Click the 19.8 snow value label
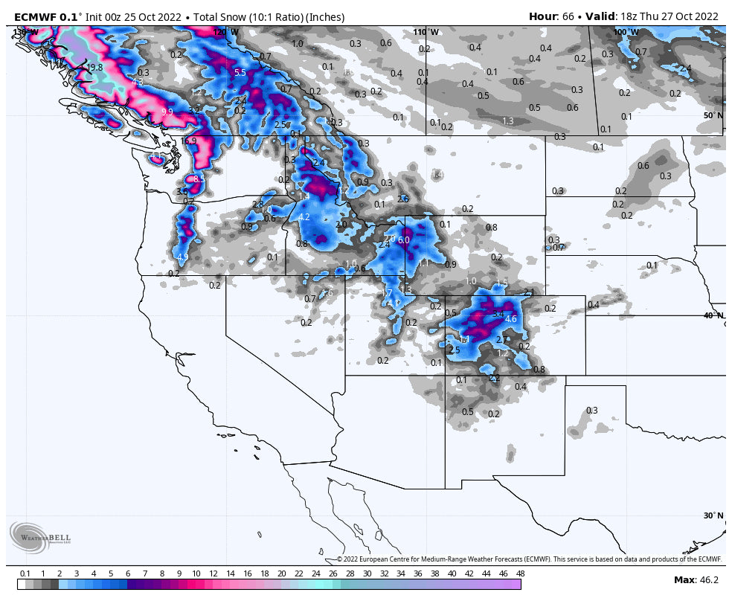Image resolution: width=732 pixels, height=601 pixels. tap(94, 68)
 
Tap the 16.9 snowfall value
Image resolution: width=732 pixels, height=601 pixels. tap(188, 141)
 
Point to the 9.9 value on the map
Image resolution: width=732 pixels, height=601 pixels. tap(167, 112)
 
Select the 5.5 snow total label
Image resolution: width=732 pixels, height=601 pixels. tap(240, 73)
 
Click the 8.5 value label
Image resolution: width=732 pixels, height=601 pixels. tap(199, 179)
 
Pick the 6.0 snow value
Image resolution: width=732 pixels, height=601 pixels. tap(404, 240)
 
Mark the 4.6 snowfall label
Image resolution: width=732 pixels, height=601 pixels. tap(510, 319)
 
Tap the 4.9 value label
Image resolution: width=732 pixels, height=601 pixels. tap(182, 257)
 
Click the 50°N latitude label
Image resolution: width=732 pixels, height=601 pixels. tap(713, 116)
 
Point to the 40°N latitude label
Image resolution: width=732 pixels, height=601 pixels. tap(713, 315)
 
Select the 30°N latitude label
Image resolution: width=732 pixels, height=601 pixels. tap(713, 515)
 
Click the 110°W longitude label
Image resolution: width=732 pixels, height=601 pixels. tap(426, 33)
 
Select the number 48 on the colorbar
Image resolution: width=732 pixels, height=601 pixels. tap(520, 574)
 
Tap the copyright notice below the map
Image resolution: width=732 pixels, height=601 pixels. tap(529, 559)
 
